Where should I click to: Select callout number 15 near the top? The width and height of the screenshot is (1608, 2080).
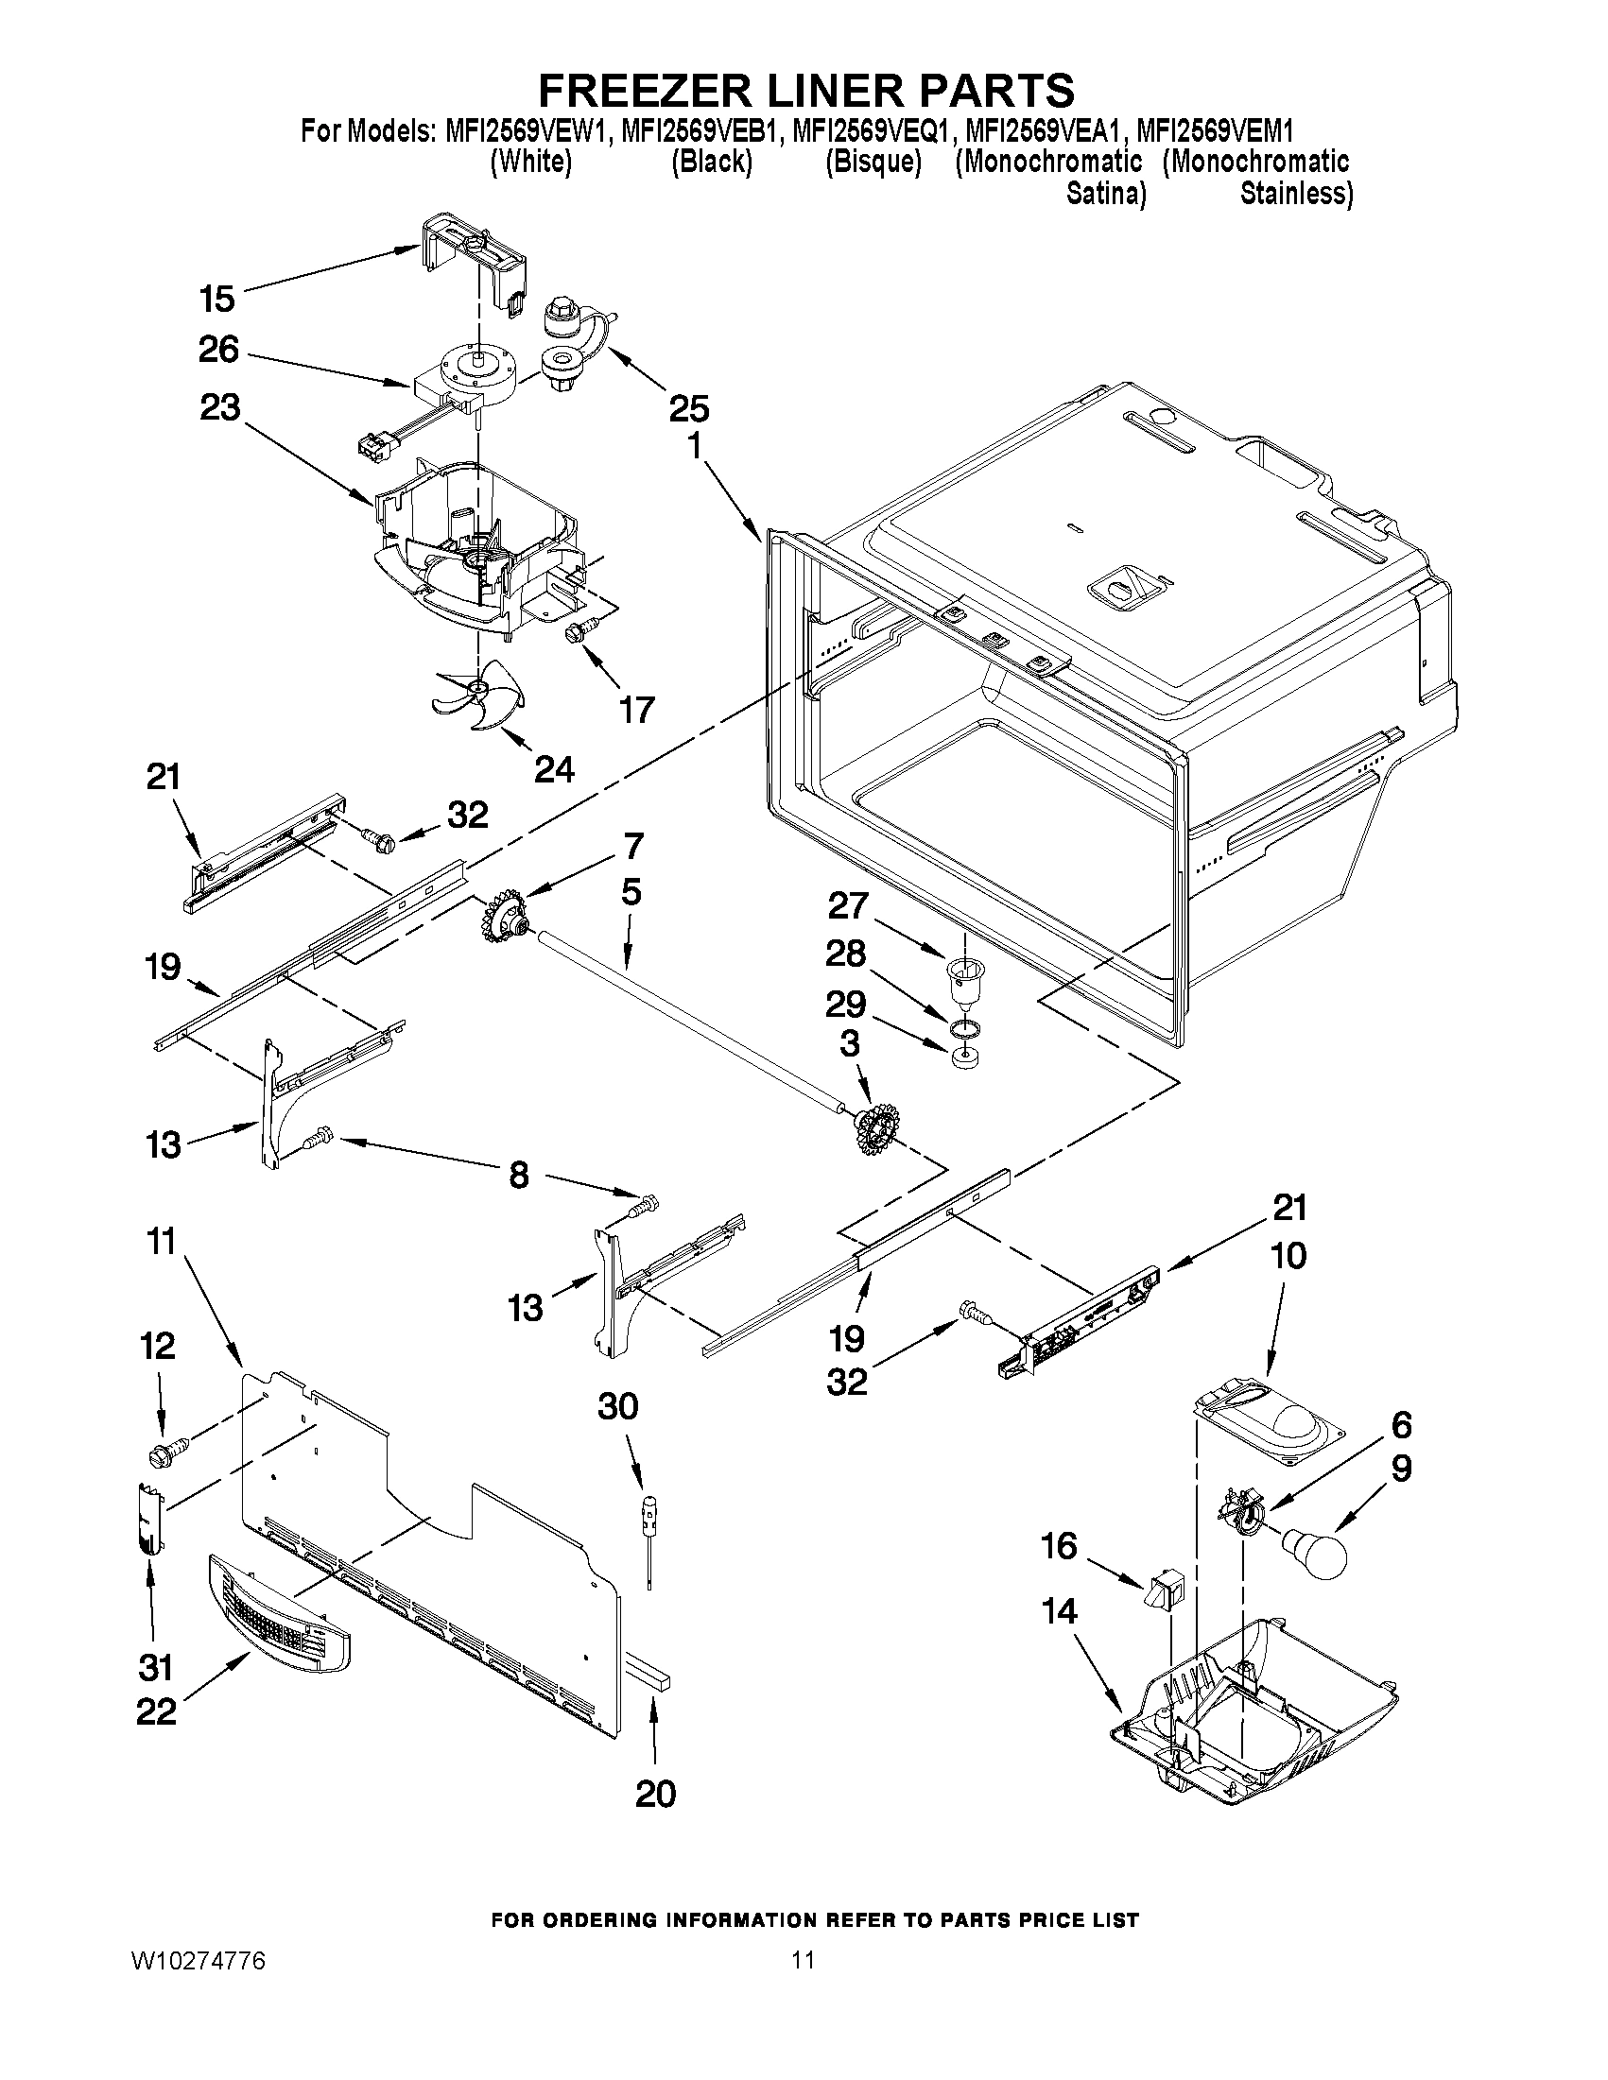click(217, 299)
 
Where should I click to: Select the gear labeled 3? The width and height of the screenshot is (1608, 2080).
click(873, 1129)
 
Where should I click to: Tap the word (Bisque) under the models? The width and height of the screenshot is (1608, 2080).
click(873, 162)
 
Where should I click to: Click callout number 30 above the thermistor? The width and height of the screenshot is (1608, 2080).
click(617, 1405)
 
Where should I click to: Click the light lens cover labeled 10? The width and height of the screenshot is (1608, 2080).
click(1267, 1429)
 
